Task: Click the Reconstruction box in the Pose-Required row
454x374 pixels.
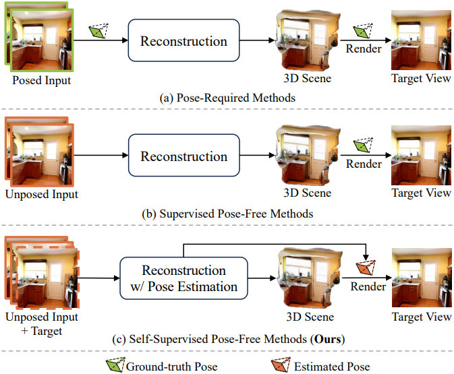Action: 183,40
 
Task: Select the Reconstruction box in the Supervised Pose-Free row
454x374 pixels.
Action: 184,155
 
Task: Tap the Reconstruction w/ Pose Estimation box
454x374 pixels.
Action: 183,278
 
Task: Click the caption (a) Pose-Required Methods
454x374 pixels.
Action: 227,98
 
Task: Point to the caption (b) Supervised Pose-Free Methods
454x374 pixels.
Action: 227,214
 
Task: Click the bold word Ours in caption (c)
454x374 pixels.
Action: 327,339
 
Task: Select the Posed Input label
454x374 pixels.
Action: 41,80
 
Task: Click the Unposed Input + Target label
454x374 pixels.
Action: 42,323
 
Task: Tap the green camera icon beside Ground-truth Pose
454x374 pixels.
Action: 115,365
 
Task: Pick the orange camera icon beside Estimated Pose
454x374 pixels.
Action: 281,365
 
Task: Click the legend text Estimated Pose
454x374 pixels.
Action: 332,367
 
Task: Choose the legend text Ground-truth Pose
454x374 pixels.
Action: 172,367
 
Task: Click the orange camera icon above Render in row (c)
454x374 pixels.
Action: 366,268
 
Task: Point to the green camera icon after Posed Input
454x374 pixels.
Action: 98,30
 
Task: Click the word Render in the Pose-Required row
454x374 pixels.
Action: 364,49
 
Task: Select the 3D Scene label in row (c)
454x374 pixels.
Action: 310,317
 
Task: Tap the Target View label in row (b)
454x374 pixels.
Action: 421,193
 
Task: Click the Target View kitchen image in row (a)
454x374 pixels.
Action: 421,40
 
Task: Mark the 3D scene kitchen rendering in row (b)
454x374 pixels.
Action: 308,155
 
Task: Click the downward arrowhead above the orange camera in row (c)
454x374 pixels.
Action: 366,257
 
